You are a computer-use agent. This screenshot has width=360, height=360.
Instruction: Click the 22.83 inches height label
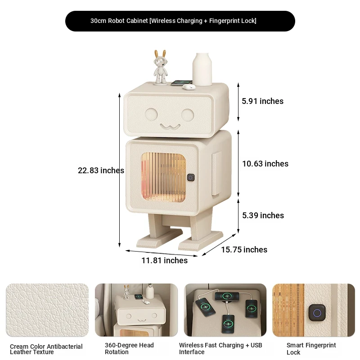coord(101,171)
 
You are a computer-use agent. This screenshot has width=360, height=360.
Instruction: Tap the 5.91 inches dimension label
coord(262,101)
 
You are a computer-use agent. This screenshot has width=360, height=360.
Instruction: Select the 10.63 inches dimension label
coord(265,164)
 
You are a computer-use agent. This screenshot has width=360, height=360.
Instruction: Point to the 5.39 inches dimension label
coord(263,216)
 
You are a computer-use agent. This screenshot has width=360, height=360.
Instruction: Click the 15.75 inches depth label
coord(244,250)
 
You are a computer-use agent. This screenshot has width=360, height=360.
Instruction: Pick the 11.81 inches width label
coord(164,261)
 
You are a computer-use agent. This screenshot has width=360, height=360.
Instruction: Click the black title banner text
coord(173,21)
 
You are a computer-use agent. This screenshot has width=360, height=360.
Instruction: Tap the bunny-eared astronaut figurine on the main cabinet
coord(160,67)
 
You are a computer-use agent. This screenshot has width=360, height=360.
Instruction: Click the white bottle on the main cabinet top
coord(202,69)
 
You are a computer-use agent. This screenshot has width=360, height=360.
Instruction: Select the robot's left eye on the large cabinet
coord(151,114)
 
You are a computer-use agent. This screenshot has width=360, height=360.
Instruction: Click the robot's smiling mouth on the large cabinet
coord(170,126)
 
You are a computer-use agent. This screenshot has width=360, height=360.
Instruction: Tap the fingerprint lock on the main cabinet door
coord(190,177)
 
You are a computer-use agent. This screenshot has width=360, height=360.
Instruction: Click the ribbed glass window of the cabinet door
coord(163,177)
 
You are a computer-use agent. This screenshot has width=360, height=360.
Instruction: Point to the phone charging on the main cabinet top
coord(181,83)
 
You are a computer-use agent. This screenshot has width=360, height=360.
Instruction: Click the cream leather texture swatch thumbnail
coord(47,310)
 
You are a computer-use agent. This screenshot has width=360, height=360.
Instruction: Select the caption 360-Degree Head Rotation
coord(129,348)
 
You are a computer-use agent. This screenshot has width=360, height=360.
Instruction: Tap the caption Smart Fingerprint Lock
coord(311,348)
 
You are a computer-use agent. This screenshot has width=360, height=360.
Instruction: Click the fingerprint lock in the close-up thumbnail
coord(317,312)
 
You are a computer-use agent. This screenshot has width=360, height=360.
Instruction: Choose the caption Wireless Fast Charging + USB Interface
coord(220,348)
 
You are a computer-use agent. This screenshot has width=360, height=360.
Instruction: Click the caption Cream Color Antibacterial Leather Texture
coord(46,349)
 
